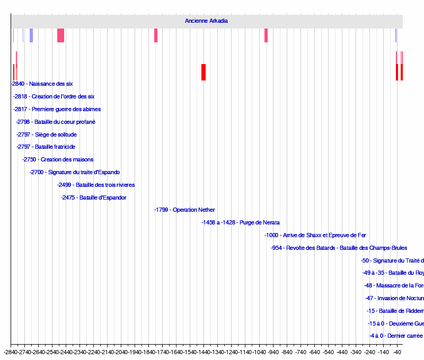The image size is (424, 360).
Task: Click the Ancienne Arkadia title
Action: [x=206, y=21]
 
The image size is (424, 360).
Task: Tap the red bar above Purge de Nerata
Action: [x=204, y=72]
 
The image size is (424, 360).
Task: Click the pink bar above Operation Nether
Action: [x=156, y=35]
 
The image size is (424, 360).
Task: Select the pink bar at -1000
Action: [x=266, y=35]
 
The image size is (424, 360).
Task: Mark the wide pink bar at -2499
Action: [x=60, y=35]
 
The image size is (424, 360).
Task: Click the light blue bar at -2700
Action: [x=31, y=35]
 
